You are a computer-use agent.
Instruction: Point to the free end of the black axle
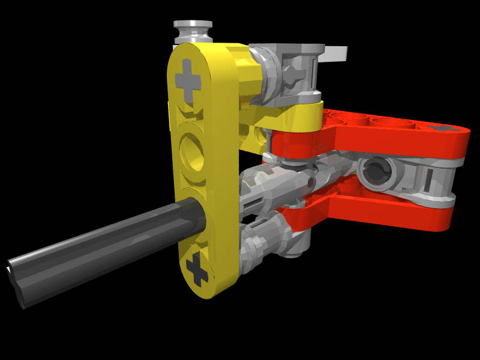(18, 282)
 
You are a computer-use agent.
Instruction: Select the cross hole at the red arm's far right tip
(446, 128)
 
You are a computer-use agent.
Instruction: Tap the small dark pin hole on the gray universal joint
(311, 179)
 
